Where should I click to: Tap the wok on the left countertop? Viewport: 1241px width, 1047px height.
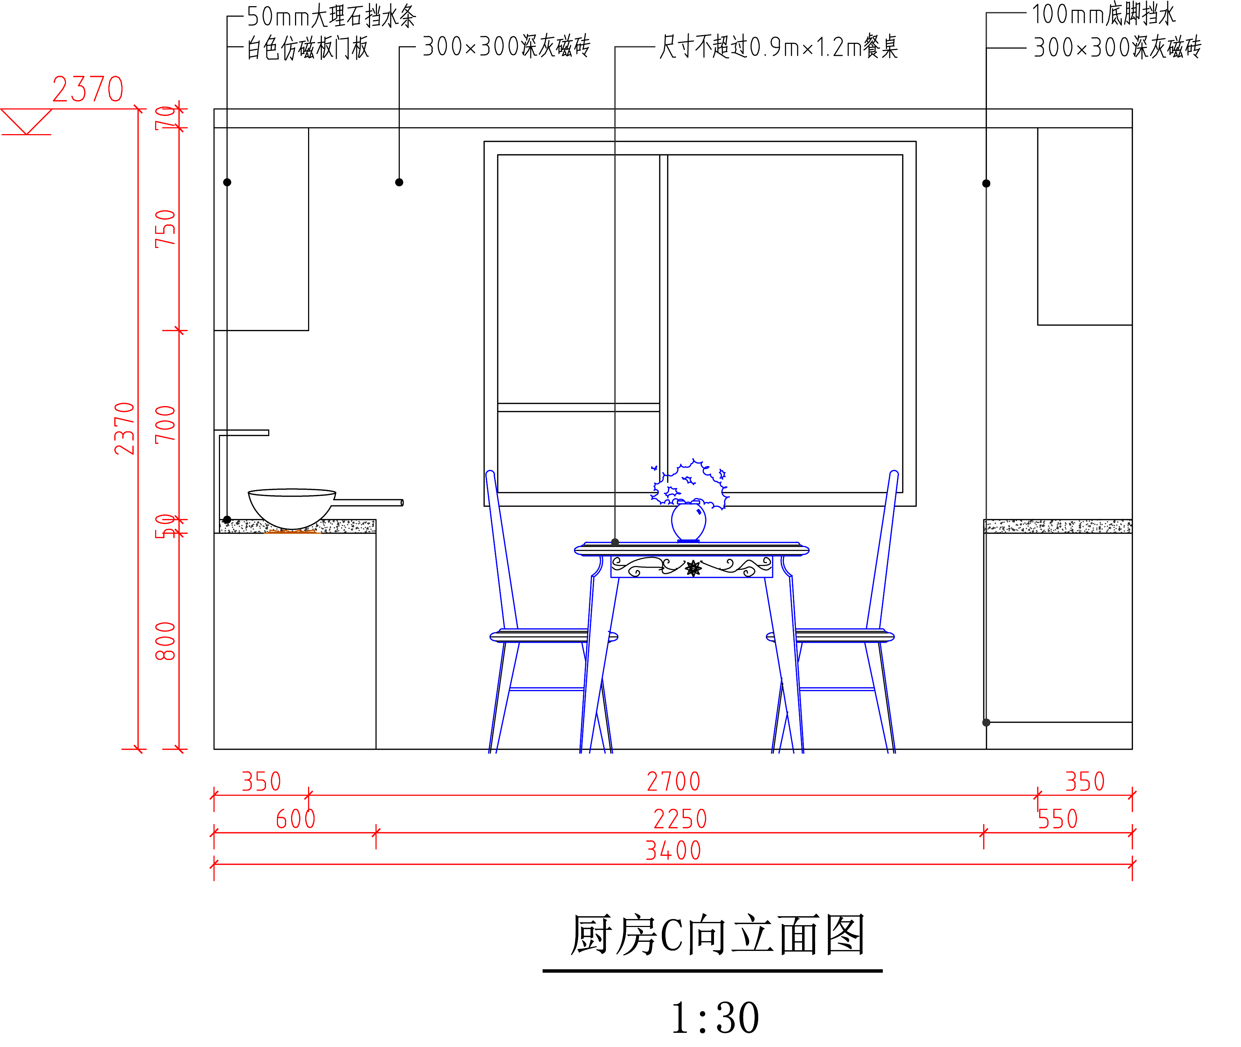click(x=291, y=508)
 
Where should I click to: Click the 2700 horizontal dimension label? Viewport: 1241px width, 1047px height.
click(x=673, y=782)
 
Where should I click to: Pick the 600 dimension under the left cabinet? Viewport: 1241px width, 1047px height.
click(x=295, y=819)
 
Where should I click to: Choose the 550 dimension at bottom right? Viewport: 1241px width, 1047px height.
click(x=1057, y=819)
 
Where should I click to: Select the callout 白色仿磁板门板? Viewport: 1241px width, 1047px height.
click(x=307, y=47)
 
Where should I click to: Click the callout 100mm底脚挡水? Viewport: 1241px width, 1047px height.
click(x=1103, y=14)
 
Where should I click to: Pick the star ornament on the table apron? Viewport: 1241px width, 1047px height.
click(x=693, y=568)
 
